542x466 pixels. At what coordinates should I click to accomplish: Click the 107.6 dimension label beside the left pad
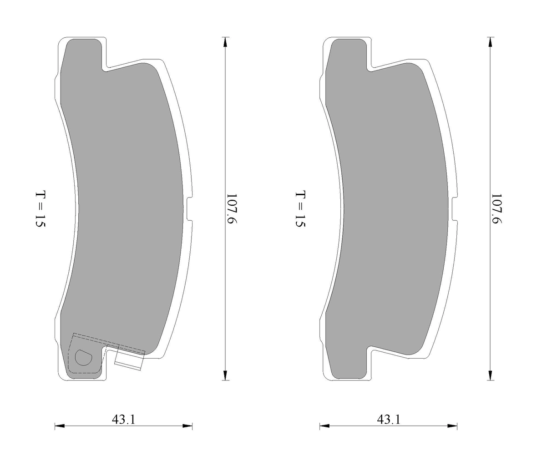coord(232,208)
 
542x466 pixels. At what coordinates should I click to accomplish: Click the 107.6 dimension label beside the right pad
coord(496,208)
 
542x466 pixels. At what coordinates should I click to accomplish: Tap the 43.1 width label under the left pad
coord(123,420)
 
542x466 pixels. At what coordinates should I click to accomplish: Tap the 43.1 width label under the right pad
coord(389,420)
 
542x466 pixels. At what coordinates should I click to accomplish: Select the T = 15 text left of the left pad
coord(41,208)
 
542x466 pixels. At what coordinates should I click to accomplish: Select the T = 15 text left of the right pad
coord(300,208)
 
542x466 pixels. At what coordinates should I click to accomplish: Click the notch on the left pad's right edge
coord(189,209)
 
